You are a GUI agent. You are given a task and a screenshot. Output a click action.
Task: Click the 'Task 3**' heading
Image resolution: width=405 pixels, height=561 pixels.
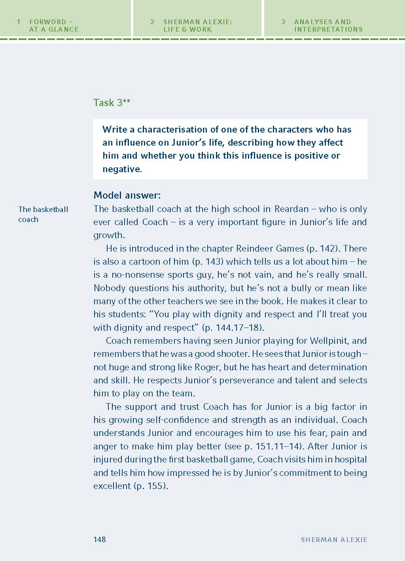[112, 103]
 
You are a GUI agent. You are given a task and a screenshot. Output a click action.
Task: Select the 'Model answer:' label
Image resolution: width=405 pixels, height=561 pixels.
[127, 195]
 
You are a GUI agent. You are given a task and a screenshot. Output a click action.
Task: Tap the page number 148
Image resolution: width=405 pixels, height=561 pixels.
[100, 539]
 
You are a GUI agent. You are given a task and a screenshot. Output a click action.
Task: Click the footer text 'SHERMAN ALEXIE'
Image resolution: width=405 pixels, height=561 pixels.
[334, 540]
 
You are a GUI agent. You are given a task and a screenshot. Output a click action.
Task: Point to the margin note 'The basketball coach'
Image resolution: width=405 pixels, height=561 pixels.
[43, 214]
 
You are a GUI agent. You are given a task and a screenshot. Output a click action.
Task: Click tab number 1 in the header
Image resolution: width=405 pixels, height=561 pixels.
[19, 22]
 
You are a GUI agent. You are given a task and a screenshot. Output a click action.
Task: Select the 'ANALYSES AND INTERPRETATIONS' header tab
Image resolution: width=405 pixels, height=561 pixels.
[328, 26]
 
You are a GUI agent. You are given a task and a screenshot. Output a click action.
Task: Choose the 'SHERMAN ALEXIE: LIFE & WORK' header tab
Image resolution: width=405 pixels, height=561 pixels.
[197, 26]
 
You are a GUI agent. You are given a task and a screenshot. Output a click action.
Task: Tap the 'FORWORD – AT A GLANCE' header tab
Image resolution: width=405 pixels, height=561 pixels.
[54, 26]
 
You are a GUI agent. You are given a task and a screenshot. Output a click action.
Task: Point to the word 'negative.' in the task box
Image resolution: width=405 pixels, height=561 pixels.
[122, 169]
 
